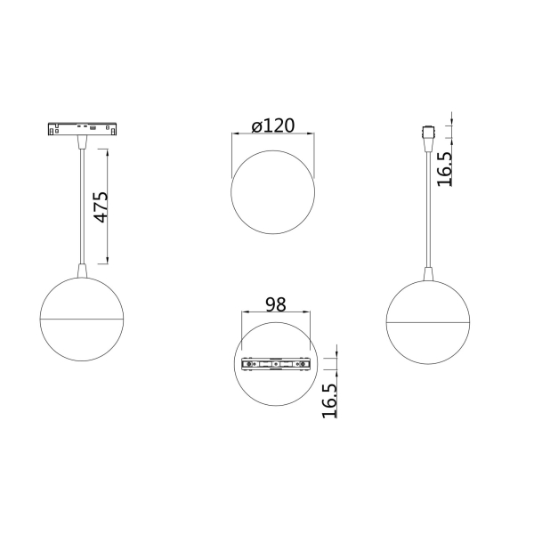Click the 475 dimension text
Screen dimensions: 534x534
(100, 206)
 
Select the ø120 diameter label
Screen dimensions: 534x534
(272, 125)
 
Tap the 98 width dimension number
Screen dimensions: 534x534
(275, 303)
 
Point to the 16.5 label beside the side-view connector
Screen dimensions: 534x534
(445, 166)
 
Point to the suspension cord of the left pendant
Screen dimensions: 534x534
(82, 205)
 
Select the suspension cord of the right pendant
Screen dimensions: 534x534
(428, 205)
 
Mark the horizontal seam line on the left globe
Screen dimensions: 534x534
(82, 318)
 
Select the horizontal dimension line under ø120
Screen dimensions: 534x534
(273, 134)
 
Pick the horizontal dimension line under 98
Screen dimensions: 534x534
(275, 312)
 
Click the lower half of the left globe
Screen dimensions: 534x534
(82, 340)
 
